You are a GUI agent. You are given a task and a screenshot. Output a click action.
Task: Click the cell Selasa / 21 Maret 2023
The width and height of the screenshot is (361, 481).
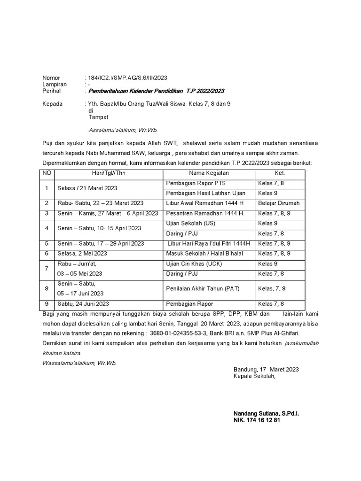click(87, 188)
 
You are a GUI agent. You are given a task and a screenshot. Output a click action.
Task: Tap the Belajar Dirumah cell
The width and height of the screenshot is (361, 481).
click(279, 203)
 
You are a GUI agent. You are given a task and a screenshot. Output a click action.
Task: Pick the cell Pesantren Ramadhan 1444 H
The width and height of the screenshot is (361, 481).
click(204, 213)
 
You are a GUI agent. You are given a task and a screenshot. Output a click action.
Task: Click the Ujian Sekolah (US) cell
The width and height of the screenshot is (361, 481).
click(191, 223)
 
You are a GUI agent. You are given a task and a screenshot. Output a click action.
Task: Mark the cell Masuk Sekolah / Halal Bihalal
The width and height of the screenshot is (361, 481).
click(204, 254)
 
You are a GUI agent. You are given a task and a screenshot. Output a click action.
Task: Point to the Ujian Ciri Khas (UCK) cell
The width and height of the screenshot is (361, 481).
click(194, 264)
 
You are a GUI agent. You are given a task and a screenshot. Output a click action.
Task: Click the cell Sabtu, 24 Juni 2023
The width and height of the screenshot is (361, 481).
click(83, 304)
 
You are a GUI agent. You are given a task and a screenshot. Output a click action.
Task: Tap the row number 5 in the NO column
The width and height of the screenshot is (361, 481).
click(47, 243)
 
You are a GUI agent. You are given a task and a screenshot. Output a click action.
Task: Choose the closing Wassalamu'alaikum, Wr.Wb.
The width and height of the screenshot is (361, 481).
click(79, 363)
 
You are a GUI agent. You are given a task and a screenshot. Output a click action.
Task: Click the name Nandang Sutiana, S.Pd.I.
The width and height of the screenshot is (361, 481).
click(267, 413)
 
